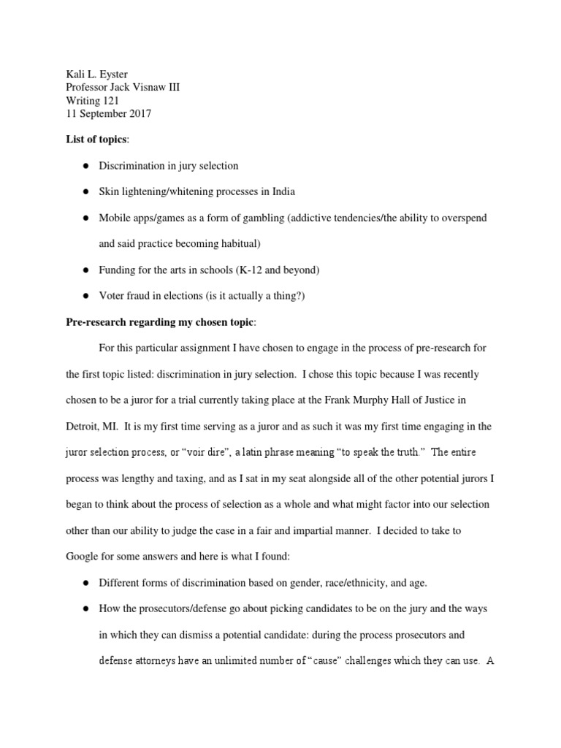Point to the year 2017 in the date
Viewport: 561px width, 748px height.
[140, 115]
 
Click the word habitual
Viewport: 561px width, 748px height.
[237, 244]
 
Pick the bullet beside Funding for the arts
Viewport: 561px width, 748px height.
[85, 270]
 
